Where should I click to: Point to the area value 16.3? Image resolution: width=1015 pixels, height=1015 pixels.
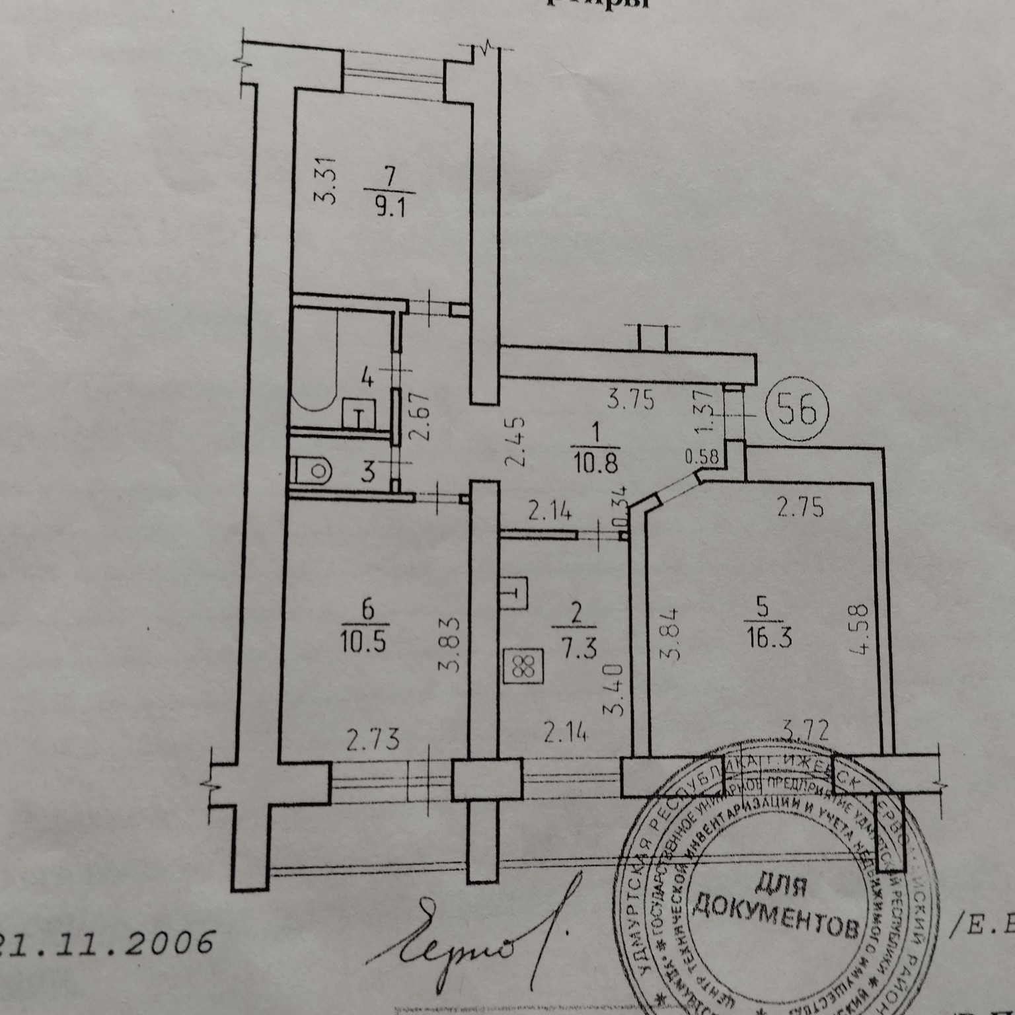click(x=767, y=639)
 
